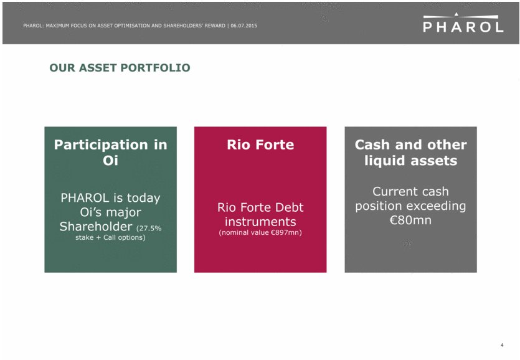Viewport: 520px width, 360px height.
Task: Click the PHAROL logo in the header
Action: tap(463, 22)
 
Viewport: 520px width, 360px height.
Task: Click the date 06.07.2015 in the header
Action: tap(243, 26)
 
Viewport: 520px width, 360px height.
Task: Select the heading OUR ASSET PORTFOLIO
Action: tap(120, 68)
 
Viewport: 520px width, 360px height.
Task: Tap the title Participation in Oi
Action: tap(110, 153)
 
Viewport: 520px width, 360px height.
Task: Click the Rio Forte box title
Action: tap(260, 144)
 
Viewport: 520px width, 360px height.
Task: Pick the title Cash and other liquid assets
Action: tap(410, 153)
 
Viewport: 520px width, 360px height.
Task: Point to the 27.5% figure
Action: tap(150, 229)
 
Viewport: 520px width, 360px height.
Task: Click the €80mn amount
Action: tap(410, 220)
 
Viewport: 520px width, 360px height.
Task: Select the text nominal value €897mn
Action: tap(260, 232)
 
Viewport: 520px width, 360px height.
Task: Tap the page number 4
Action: tap(502, 345)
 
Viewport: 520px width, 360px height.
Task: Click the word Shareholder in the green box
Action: tap(96, 226)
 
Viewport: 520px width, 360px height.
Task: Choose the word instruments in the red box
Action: tap(260, 222)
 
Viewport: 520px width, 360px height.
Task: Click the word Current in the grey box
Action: tap(393, 191)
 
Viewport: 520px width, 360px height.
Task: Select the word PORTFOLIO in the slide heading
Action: tap(155, 68)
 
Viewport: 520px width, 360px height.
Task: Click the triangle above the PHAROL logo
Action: tap(456, 14)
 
